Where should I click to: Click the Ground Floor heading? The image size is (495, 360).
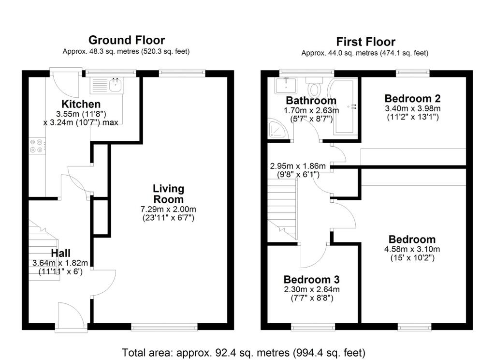click(x=126, y=40)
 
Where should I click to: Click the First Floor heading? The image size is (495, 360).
click(x=365, y=42)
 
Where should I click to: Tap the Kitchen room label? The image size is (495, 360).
click(x=81, y=104)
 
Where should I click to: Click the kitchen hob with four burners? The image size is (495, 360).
click(x=37, y=146)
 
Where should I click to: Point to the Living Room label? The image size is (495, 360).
click(x=168, y=194)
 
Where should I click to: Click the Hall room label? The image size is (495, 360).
click(x=60, y=253)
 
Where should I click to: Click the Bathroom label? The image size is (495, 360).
click(x=311, y=101)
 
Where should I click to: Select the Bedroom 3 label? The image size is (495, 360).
click(x=311, y=280)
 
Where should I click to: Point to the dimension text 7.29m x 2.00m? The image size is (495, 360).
click(x=168, y=209)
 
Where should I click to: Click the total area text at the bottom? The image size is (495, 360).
click(x=243, y=352)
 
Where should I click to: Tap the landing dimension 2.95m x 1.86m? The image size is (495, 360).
click(x=298, y=166)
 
